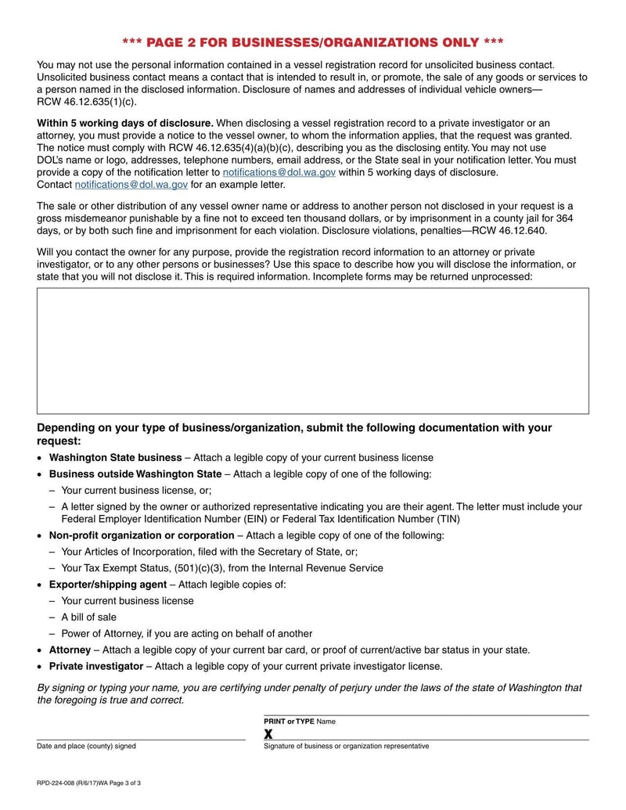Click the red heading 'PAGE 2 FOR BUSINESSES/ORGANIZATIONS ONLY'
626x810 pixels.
point(313,41)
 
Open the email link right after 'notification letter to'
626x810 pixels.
point(279,172)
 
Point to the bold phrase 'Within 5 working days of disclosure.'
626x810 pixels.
point(125,123)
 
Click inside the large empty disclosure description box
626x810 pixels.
point(313,351)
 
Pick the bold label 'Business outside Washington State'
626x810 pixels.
point(135,474)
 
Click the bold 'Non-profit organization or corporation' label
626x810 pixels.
point(142,535)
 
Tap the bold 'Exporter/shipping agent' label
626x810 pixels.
point(108,585)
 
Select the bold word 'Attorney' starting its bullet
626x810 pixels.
point(70,650)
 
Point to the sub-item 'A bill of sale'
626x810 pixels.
point(88,617)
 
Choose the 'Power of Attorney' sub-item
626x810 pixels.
point(102,634)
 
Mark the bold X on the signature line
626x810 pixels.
point(268,734)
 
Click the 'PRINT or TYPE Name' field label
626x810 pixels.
point(300,722)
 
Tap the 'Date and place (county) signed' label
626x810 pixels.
point(86,747)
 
